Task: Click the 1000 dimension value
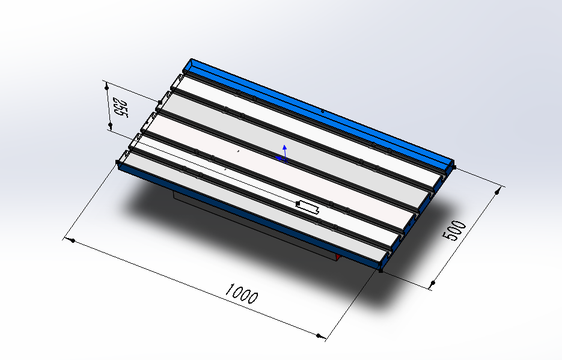coord(242,294)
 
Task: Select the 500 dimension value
coord(454,230)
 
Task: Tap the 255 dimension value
coord(121,107)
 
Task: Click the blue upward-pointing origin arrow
coord(284,152)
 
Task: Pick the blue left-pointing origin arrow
coord(281,158)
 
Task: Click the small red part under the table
coord(337,257)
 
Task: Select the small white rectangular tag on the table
coord(308,207)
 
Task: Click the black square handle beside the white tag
coord(298,204)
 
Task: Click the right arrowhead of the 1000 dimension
coord(320,335)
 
